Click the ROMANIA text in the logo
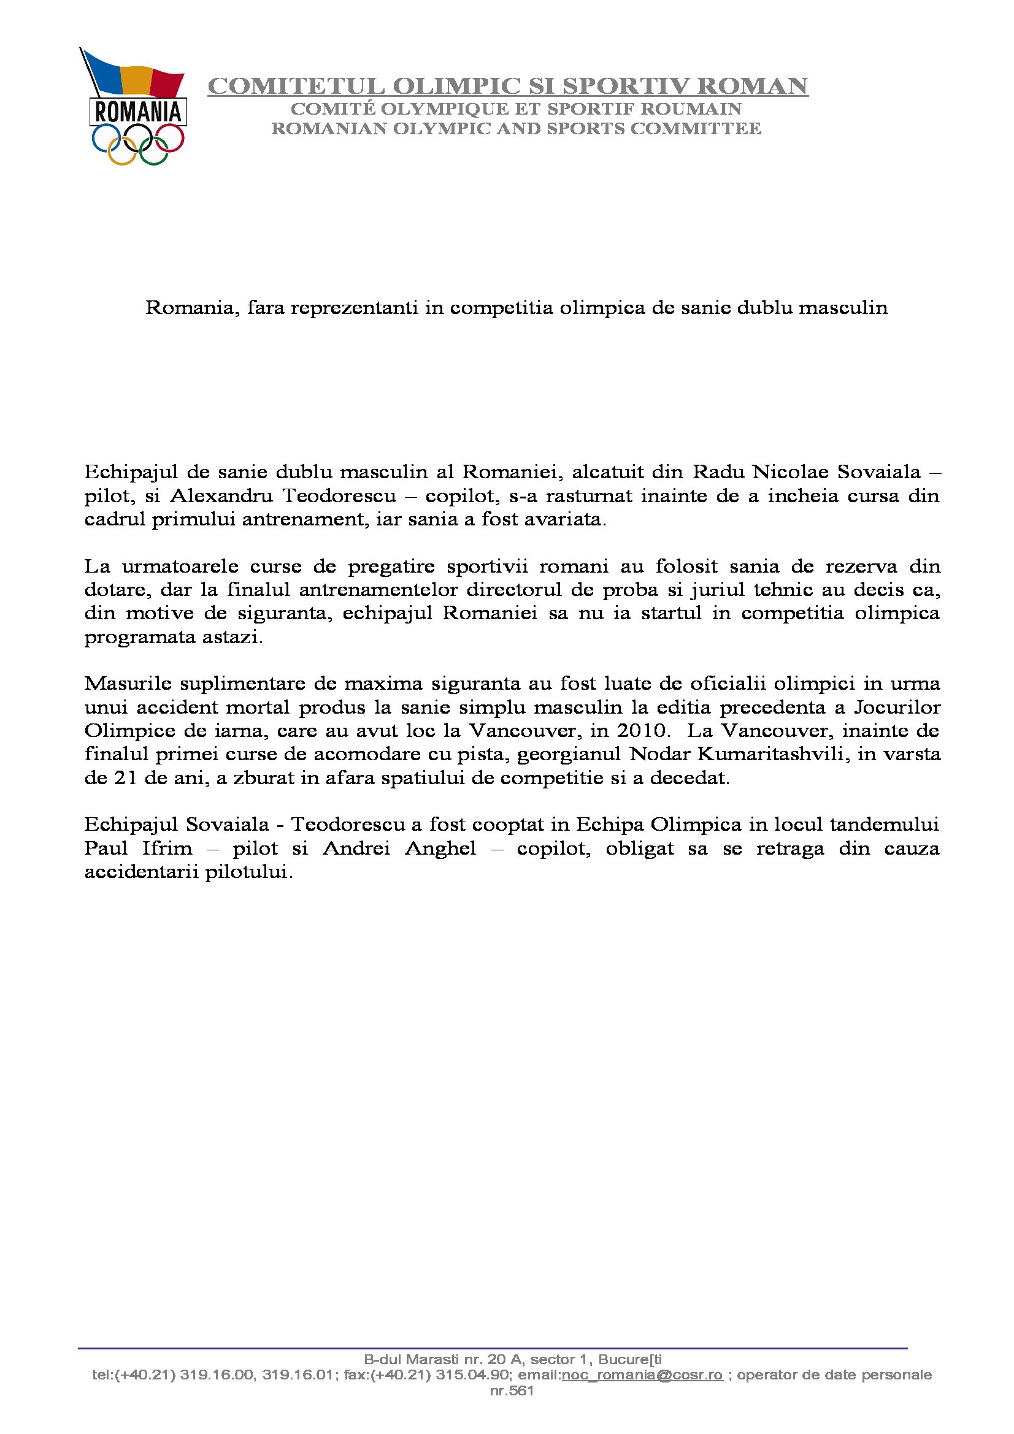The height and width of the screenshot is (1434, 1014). click(138, 112)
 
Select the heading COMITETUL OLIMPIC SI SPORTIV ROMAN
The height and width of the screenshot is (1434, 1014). click(507, 86)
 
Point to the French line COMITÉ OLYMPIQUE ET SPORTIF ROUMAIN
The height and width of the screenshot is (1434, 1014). click(516, 109)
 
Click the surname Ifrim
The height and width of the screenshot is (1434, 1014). click(164, 848)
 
